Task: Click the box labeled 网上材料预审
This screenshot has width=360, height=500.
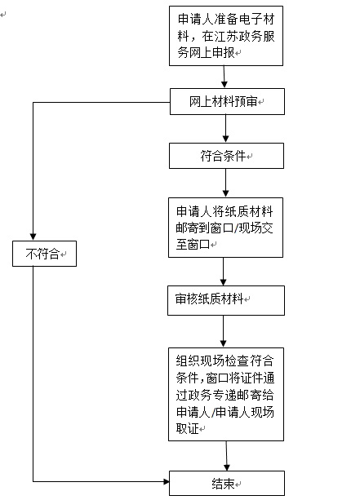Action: pos(226,102)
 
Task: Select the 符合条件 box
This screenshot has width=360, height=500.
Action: pos(226,155)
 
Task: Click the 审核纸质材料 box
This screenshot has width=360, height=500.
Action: pos(226,299)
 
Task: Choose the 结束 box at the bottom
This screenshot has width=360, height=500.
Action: pos(226,483)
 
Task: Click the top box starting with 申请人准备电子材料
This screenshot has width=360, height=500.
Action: pos(226,36)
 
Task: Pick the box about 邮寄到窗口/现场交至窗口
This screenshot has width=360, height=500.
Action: pos(226,225)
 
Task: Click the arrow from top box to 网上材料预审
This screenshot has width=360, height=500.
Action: pos(224,77)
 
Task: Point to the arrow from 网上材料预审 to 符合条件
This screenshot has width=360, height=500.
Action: pos(225,129)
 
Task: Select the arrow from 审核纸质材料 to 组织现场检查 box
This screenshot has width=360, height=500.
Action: pos(224,330)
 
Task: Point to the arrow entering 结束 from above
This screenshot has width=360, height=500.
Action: pos(226,457)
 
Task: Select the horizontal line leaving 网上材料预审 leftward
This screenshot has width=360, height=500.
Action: pos(98,103)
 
